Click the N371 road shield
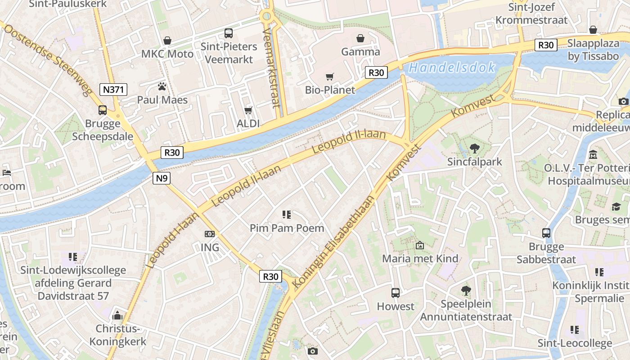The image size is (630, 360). (113, 90)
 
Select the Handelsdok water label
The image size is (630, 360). (452, 68)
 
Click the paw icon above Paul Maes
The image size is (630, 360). (162, 86)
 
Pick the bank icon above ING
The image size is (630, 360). (210, 234)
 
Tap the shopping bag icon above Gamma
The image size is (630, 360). (360, 38)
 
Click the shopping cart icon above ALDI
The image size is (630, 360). (248, 110)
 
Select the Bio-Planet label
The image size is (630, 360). (330, 90)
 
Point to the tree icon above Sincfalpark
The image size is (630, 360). (474, 148)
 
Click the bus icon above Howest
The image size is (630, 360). (395, 293)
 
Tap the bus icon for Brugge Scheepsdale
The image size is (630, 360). (103, 110)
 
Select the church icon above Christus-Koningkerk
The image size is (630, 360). (117, 315)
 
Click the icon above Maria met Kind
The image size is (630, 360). (420, 245)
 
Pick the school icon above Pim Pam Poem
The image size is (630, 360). (287, 215)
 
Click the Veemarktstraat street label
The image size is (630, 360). (271, 67)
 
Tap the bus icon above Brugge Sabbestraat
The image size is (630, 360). (546, 233)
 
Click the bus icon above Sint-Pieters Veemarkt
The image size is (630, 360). (229, 33)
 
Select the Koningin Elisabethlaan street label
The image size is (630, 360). (333, 242)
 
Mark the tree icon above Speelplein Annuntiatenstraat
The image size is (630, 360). (466, 291)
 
